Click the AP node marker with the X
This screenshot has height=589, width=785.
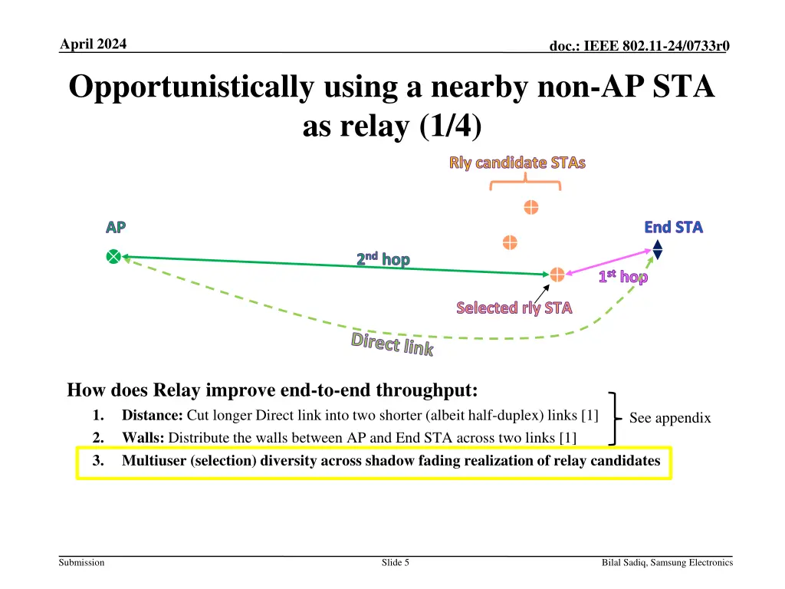coord(113,257)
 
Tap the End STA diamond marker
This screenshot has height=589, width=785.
coord(657,250)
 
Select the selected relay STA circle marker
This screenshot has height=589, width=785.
coord(557,274)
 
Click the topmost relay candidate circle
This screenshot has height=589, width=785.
coord(530,207)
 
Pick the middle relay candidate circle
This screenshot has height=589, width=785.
coord(510,242)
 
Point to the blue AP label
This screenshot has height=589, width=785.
coord(116,227)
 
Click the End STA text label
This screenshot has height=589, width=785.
coord(673,227)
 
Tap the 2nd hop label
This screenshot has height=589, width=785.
coord(383,259)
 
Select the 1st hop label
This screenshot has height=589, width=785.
coord(623,277)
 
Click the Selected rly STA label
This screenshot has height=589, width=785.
coord(514,308)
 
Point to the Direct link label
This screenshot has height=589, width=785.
coord(392,344)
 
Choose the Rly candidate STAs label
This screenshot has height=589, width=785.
coord(517,163)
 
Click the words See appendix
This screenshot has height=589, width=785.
coord(669,418)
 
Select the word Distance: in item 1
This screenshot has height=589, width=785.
coord(152,416)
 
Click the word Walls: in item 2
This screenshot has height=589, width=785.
coord(143,438)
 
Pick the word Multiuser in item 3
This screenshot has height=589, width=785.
coord(153,461)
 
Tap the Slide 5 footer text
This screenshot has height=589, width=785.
coord(395,563)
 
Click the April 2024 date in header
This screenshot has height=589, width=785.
coord(94,44)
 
